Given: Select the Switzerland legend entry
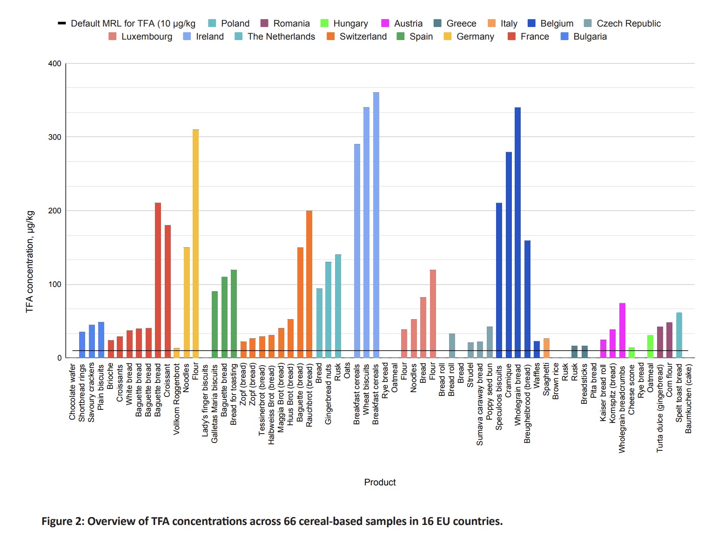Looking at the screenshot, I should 357,36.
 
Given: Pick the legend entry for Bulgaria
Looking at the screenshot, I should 584,36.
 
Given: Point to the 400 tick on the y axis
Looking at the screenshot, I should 54,64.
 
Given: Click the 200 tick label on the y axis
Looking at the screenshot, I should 54,211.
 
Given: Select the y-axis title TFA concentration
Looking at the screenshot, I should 30,261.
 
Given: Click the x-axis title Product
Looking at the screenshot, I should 380,482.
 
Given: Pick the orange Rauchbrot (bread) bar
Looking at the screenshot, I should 309,284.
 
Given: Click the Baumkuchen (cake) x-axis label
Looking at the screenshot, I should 689,399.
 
